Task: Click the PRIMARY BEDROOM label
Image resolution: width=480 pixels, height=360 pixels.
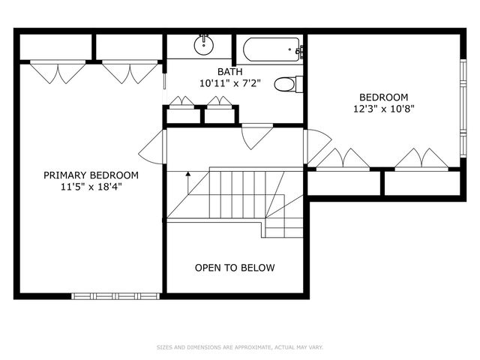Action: tap(91, 175)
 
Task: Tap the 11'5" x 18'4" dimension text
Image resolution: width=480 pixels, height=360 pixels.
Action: tap(91, 187)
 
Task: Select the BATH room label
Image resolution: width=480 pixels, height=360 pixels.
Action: tap(229, 72)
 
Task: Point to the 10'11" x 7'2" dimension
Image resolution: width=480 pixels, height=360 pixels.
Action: tap(229, 84)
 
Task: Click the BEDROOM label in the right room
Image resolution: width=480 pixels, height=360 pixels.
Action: tap(383, 97)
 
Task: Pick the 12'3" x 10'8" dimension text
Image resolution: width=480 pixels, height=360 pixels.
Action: tap(383, 109)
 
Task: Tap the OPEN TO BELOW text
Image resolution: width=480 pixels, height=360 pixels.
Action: tap(235, 268)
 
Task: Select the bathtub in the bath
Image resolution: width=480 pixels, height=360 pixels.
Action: tap(270, 50)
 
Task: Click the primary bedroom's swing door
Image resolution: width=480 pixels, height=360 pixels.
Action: tap(155, 148)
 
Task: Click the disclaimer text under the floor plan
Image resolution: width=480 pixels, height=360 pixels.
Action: tap(239, 347)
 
